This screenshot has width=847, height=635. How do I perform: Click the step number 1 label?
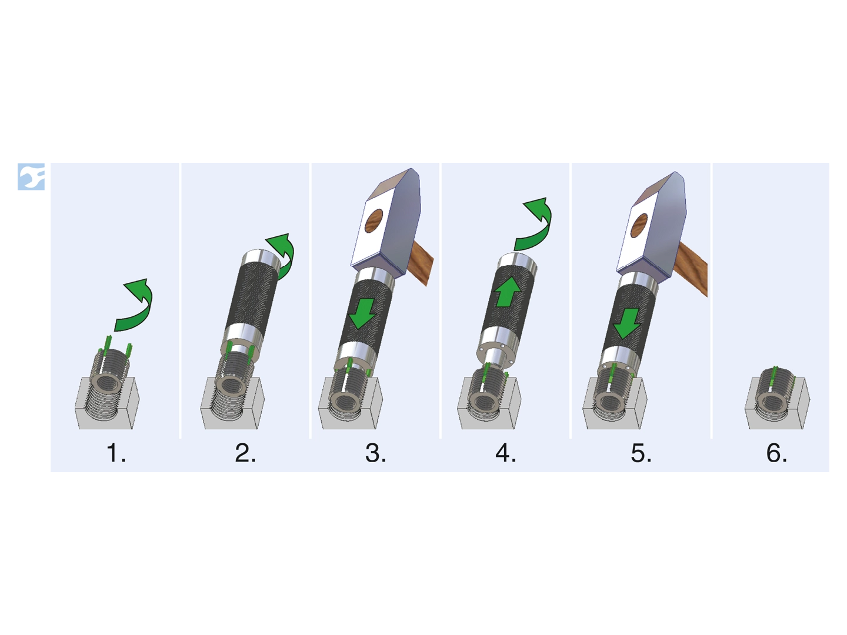click(x=116, y=453)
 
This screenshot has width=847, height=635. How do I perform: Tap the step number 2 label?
click(x=245, y=453)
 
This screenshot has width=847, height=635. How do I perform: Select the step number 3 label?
click(x=375, y=453)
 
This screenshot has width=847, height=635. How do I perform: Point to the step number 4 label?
click(x=505, y=453)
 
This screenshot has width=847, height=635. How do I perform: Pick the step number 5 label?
click(x=641, y=453)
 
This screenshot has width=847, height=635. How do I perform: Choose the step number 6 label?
click(x=776, y=453)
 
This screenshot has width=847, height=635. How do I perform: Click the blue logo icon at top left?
click(x=31, y=176)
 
